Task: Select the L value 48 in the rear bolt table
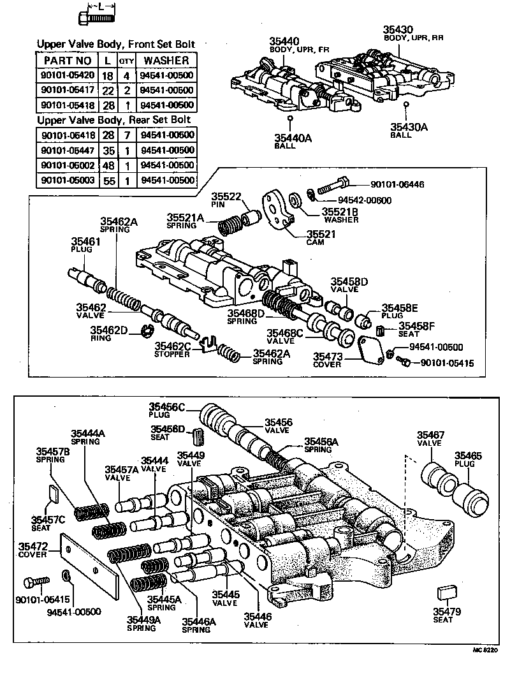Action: (x=108, y=165)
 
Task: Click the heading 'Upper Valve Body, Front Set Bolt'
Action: (x=115, y=45)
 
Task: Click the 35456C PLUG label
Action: (x=167, y=411)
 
